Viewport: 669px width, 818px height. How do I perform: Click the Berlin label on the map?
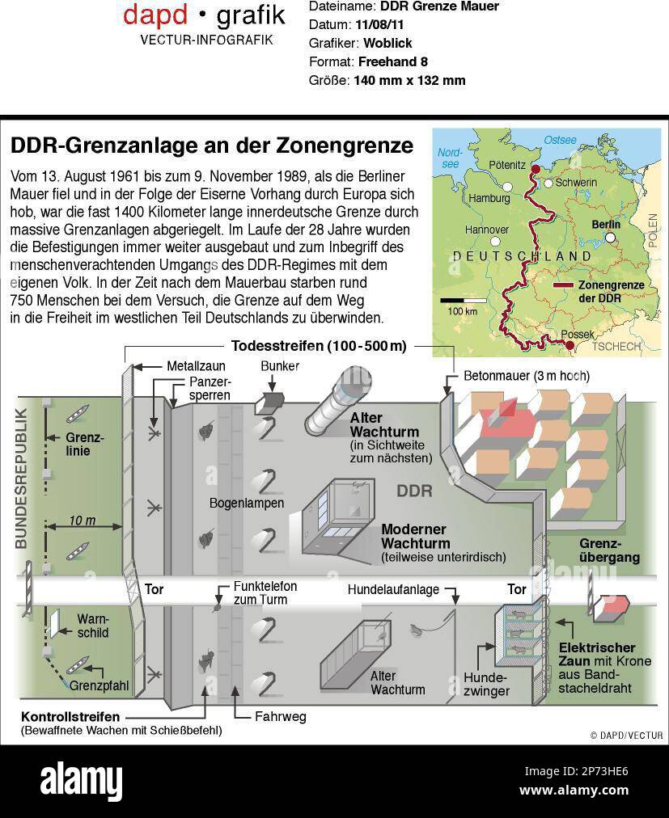click(x=605, y=225)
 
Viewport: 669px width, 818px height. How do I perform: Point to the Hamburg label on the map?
click(x=489, y=198)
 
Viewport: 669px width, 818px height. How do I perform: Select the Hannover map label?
click(x=486, y=230)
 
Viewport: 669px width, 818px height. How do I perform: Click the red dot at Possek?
click(x=569, y=346)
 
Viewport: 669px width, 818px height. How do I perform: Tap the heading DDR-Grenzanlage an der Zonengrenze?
click(x=211, y=145)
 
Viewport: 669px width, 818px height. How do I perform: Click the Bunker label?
click(x=280, y=366)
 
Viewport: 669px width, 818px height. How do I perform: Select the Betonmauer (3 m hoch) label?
click(x=526, y=376)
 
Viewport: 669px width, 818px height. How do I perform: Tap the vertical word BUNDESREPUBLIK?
click(x=22, y=480)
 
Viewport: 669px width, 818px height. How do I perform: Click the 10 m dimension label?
click(x=82, y=521)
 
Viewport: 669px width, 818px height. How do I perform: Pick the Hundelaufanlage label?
click(x=393, y=589)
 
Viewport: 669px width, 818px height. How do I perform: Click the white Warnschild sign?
click(x=54, y=624)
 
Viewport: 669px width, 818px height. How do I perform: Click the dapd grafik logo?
click(x=204, y=15)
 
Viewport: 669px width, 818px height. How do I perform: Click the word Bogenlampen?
click(x=247, y=503)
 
